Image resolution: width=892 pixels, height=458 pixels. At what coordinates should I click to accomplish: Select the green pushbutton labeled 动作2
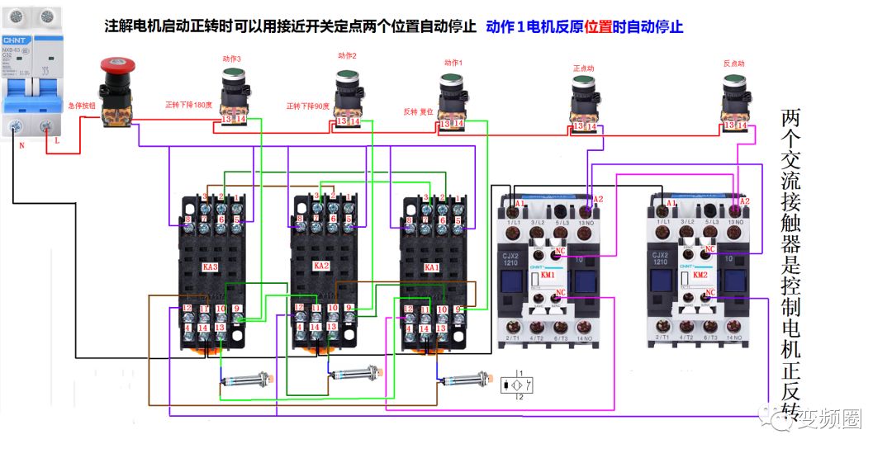pyautogui.click(x=348, y=79)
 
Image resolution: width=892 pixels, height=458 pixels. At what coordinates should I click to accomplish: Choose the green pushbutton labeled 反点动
pyautogui.click(x=734, y=83)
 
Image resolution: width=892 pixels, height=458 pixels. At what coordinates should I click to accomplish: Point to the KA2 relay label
pyautogui.click(x=320, y=267)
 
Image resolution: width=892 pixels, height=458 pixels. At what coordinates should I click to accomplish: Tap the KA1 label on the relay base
pyautogui.click(x=431, y=268)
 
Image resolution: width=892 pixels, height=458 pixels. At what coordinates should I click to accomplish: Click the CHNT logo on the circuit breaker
pyautogui.click(x=16, y=39)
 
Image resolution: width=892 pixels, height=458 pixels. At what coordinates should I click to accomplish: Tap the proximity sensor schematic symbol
pyautogui.click(x=516, y=385)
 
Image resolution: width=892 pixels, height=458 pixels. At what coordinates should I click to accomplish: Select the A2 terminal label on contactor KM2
pyautogui.click(x=744, y=201)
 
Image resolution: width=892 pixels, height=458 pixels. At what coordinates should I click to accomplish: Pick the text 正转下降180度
pyautogui.click(x=189, y=105)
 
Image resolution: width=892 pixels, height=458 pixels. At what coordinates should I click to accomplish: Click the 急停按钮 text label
pyautogui.click(x=82, y=106)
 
